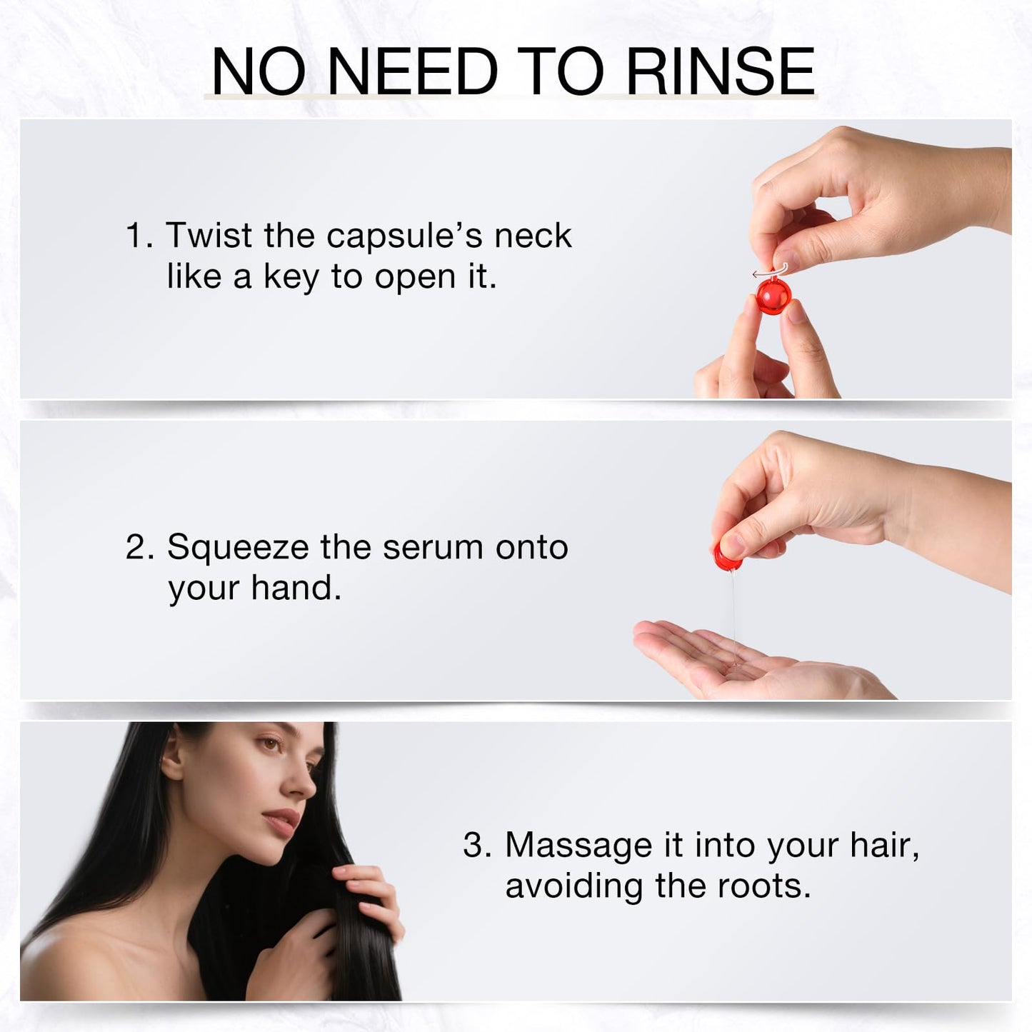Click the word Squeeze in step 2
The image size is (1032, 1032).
[237, 548]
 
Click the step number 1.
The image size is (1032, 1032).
[136, 236]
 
